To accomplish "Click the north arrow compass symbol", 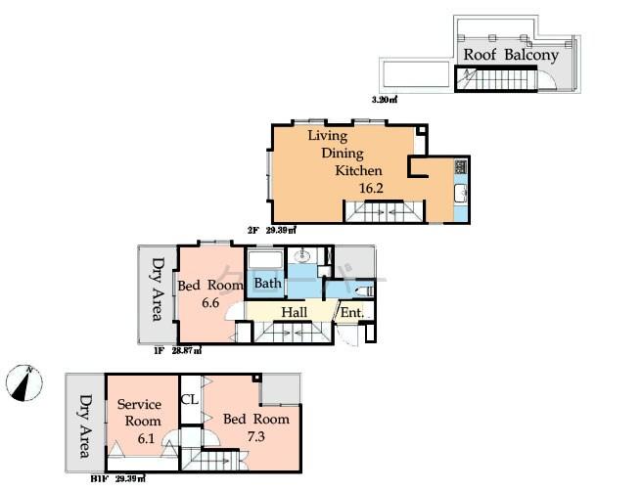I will [24, 382].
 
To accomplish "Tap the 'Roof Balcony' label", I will [510, 55].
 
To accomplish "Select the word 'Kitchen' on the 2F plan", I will [358, 170].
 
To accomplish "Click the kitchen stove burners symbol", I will [460, 170].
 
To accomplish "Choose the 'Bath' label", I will [268, 284].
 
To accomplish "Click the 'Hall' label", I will [295, 312].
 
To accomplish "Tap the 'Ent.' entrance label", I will [350, 313].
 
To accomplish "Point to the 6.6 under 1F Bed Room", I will [211, 303].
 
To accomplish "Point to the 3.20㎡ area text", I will [384, 100].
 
